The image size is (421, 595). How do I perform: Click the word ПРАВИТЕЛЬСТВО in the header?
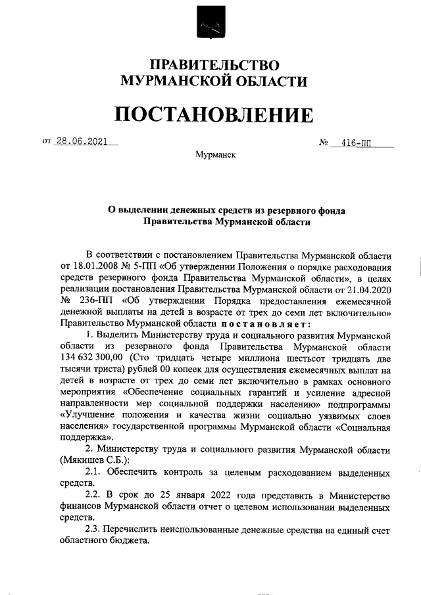pyautogui.click(x=215, y=64)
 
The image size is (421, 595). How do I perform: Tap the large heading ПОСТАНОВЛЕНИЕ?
pyautogui.click(x=214, y=114)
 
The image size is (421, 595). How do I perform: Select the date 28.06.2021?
pyautogui.click(x=81, y=140)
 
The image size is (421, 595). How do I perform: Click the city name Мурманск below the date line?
pyautogui.click(x=215, y=155)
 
